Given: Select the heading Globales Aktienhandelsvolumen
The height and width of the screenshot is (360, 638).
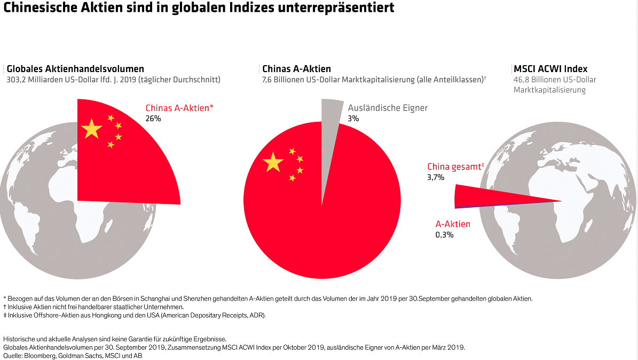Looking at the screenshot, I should (x=75, y=69).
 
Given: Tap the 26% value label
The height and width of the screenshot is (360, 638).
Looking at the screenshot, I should (x=153, y=119).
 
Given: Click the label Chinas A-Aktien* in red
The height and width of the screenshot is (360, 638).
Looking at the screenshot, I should (x=179, y=108).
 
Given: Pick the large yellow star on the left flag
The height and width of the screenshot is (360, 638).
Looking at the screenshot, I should (x=92, y=129).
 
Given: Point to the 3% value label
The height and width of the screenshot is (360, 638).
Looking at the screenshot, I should (x=353, y=119).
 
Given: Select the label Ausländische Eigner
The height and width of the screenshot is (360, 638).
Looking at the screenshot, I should (x=388, y=108).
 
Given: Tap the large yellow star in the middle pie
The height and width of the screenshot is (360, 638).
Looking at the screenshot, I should (x=273, y=162).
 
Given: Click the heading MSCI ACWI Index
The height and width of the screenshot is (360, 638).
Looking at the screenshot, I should (x=550, y=69).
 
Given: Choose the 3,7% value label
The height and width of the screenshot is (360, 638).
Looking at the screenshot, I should (x=435, y=177).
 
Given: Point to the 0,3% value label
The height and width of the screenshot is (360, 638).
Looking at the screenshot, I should (x=444, y=234).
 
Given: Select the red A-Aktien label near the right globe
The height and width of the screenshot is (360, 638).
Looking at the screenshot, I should (x=453, y=224).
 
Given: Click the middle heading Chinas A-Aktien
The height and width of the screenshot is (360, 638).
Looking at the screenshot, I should (x=296, y=69).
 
